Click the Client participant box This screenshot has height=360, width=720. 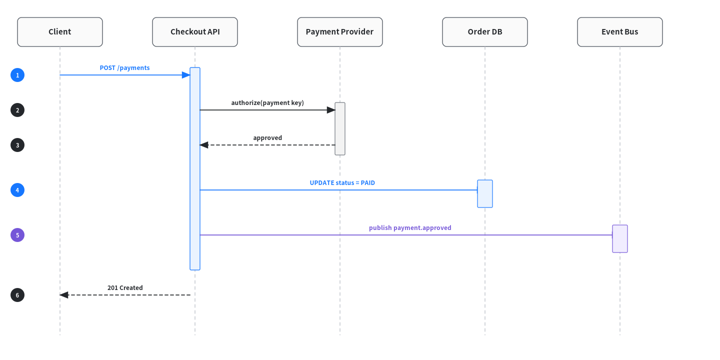(60, 32)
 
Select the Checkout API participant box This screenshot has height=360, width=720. (195, 32)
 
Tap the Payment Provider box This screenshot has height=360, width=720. (340, 32)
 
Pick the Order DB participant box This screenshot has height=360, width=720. (484, 32)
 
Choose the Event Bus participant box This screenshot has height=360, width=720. (619, 32)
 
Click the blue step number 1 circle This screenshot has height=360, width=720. (17, 75)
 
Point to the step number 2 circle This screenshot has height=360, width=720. (17, 110)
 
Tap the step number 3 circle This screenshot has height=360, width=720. (17, 145)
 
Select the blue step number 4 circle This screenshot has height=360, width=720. (17, 190)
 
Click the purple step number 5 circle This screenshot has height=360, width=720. (17, 235)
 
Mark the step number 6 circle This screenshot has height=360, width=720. (17, 295)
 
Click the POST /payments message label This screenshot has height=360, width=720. (124, 68)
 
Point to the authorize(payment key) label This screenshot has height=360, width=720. (267, 103)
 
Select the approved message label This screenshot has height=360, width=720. (267, 138)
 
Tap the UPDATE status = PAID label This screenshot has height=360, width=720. (342, 182)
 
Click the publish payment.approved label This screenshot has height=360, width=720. (410, 228)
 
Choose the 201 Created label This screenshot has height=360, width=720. (125, 287)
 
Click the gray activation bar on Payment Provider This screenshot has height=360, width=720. (340, 129)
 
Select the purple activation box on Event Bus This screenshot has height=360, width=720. (620, 239)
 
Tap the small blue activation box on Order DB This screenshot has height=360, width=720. (485, 194)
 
